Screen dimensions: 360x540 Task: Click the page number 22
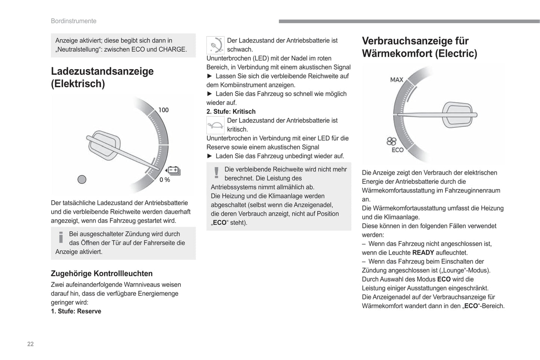coord(30,344)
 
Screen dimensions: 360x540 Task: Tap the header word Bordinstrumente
coord(74,21)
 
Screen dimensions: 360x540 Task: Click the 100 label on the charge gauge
coord(163,110)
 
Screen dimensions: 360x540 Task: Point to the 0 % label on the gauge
coord(164,180)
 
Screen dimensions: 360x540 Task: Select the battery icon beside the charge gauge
coord(173,171)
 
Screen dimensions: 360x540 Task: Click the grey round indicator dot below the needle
coord(82,180)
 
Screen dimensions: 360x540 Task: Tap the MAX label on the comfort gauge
coord(396,80)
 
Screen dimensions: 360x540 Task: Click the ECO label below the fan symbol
coord(397,150)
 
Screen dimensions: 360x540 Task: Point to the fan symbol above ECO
coord(391,141)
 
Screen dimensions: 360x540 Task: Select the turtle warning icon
coord(215,125)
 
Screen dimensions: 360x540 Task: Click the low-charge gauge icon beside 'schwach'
coord(215,45)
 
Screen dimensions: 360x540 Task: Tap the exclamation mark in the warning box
coord(216,173)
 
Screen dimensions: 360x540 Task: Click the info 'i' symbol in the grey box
coord(61,237)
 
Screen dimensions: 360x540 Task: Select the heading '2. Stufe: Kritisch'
coord(231,111)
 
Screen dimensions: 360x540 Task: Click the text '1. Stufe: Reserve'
coord(76,311)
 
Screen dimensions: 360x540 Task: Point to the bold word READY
coord(423,252)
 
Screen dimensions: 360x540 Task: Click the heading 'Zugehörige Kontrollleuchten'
coord(102,273)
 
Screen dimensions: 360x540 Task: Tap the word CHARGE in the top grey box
coord(172,49)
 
